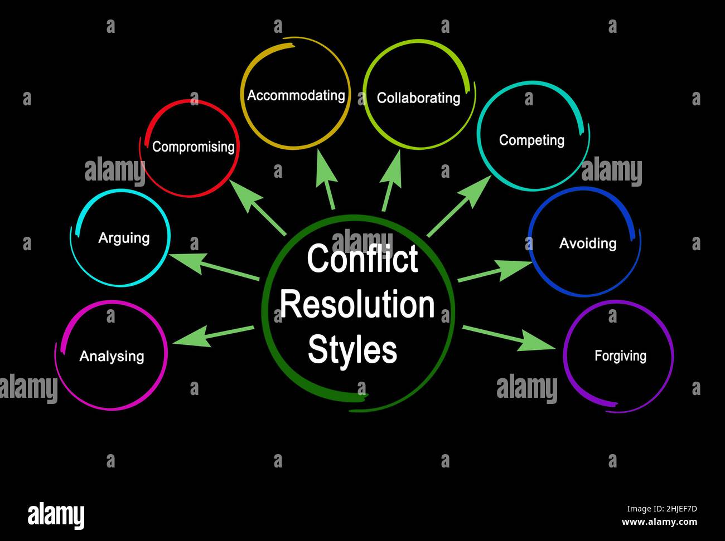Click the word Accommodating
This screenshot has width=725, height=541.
(296, 95)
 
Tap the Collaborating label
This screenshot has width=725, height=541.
(418, 98)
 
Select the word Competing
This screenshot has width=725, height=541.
(531, 140)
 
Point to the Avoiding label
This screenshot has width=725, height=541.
(588, 243)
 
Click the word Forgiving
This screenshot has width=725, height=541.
(620, 355)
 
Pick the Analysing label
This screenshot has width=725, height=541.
(112, 356)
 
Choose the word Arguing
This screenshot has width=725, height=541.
(124, 238)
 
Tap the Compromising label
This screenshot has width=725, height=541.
(193, 147)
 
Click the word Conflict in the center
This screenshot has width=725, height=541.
(362, 259)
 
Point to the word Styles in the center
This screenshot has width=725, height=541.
(352, 349)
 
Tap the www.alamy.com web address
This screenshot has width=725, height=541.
(659, 522)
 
